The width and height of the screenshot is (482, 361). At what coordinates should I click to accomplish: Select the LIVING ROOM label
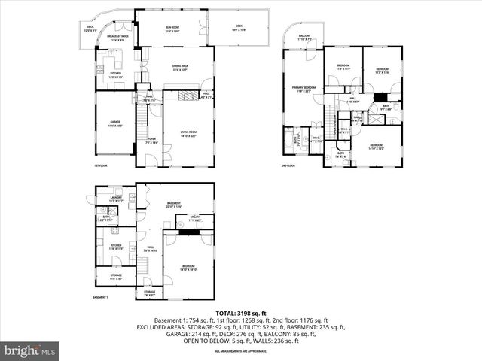click(188, 134)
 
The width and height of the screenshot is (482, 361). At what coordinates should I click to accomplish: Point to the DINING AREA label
click(179, 68)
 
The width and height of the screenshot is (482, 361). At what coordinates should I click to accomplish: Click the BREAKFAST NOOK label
click(117, 36)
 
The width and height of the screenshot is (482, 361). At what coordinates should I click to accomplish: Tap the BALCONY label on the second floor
click(304, 37)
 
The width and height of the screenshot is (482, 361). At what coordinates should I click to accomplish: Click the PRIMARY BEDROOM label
click(304, 89)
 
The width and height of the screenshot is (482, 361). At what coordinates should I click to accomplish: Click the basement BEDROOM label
click(188, 267)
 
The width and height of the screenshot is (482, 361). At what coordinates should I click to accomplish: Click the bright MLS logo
click(30, 350)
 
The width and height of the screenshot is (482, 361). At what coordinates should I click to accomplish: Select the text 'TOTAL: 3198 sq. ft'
click(240, 313)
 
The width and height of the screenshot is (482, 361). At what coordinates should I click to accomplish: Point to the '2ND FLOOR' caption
click(288, 165)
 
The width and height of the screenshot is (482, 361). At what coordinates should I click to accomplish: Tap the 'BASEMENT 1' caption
click(100, 298)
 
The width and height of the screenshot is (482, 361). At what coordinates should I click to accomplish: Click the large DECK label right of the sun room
click(239, 29)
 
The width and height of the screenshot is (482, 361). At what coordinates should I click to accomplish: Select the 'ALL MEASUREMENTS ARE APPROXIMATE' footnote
click(240, 351)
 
